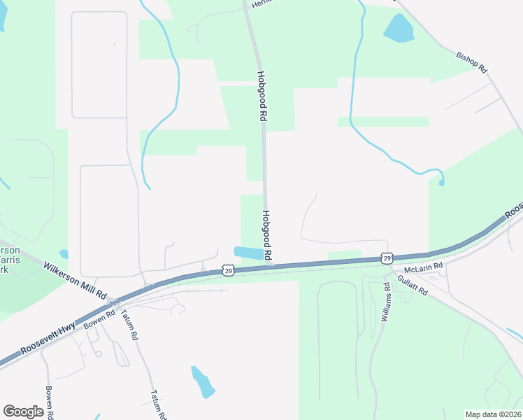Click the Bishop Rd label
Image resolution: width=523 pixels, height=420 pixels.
471,62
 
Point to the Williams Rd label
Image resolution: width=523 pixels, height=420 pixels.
386,302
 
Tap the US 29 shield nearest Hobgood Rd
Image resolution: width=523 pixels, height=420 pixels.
228,269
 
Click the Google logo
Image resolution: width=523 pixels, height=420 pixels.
24,411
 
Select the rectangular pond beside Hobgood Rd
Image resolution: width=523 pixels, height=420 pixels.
250,253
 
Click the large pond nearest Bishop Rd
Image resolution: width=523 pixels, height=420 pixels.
399,28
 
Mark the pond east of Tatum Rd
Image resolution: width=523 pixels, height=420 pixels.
201,381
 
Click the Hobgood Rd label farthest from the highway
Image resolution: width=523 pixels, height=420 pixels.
262,97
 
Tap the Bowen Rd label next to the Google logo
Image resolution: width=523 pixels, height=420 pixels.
50,402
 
